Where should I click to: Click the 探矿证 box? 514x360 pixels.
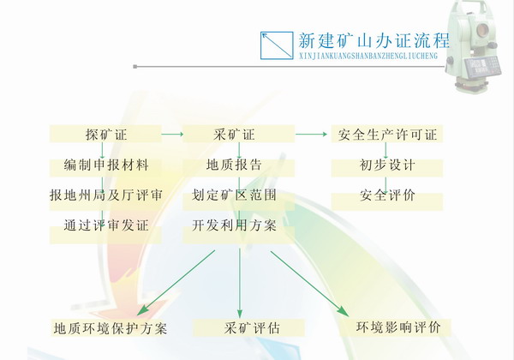[x=105, y=134]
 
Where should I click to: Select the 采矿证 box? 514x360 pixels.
[x=239, y=134]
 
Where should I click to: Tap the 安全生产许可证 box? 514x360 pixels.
[x=387, y=134]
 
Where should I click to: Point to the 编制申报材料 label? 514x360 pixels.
[x=106, y=165]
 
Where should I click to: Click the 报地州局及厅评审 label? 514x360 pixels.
[x=106, y=195]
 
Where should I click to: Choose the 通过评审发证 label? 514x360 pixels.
[x=106, y=225]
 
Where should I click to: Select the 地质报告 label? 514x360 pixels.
[x=234, y=165]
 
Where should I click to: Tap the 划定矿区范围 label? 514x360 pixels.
[x=234, y=195]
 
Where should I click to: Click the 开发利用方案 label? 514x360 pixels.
[x=234, y=225]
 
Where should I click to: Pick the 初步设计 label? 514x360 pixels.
[x=387, y=165]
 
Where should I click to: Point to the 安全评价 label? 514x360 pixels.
[x=387, y=195]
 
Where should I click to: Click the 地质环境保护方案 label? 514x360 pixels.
[x=111, y=328]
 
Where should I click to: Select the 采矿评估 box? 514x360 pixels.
[x=248, y=328]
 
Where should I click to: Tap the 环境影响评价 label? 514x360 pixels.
[x=398, y=327]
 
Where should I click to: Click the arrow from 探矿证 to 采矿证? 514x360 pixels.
[x=172, y=134]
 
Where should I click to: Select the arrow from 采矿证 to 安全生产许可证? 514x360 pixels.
[x=311, y=134]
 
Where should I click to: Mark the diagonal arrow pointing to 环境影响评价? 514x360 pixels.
[x=309, y=284]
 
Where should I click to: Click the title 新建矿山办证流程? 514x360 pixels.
[x=374, y=40]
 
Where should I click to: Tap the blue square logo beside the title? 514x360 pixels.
[x=277, y=45]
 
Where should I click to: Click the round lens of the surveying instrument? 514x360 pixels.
[x=482, y=30]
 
